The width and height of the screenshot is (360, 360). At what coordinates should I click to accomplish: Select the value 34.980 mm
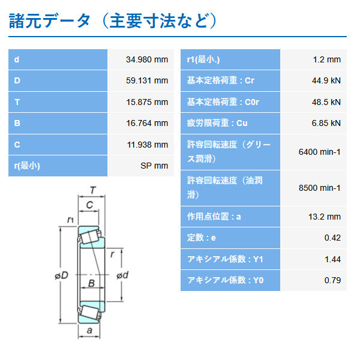[x=147, y=60]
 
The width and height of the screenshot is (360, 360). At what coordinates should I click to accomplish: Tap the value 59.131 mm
[x=147, y=81]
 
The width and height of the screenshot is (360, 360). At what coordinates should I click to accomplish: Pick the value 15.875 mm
[x=147, y=102]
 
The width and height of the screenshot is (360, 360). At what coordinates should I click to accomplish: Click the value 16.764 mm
[x=147, y=123]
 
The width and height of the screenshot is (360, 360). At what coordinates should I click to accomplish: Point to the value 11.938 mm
[x=147, y=144]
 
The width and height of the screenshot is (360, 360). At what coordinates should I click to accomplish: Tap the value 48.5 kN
[x=327, y=102]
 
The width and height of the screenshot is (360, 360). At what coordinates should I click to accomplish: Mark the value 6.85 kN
[x=327, y=123]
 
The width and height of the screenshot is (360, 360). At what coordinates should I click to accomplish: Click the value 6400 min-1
[x=319, y=152]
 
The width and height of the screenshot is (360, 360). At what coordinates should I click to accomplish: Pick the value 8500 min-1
[x=319, y=188]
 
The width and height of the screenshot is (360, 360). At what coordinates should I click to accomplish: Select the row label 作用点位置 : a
[x=214, y=217]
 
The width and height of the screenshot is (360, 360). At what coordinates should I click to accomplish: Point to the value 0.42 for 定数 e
[x=332, y=238]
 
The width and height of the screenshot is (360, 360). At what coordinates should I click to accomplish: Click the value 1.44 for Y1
[x=332, y=259]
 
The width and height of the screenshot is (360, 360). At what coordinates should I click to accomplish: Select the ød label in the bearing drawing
[x=121, y=275]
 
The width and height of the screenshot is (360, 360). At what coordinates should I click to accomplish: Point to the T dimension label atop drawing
[x=93, y=191]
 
